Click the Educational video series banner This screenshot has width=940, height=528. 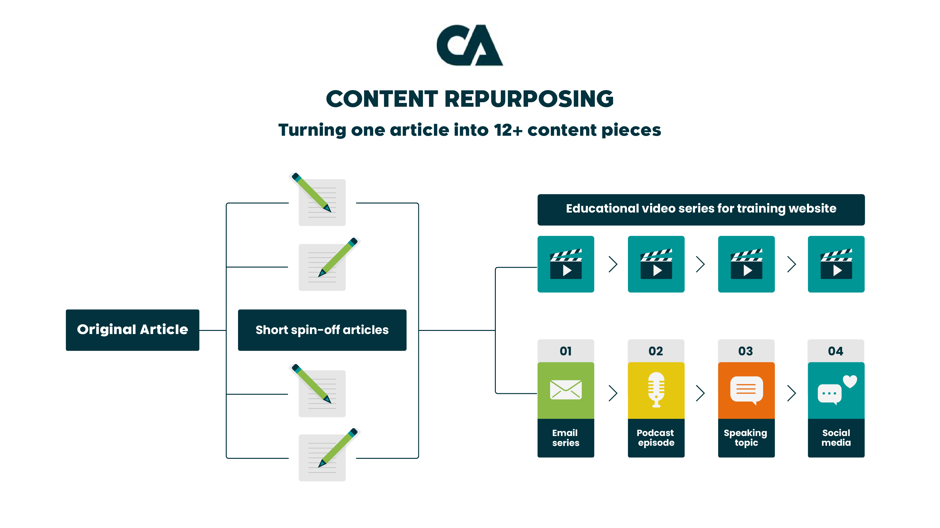(701, 209)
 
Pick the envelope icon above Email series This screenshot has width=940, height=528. (566, 390)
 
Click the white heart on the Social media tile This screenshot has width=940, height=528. (850, 381)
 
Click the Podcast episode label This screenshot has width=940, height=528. (656, 438)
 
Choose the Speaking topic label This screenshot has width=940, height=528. (746, 438)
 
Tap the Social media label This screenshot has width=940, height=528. (836, 438)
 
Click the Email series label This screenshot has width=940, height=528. (566, 438)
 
